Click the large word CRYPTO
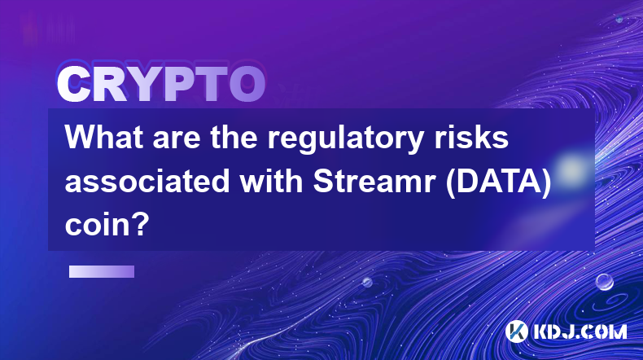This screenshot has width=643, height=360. (x=161, y=84)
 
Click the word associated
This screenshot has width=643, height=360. (x=147, y=181)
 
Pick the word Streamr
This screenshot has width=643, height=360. (x=374, y=181)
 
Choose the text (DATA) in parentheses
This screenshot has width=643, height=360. (x=499, y=182)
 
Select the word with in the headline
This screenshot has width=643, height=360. (x=271, y=181)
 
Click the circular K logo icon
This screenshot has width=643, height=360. (x=516, y=331)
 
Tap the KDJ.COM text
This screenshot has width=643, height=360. (x=580, y=331)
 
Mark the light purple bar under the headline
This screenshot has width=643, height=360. (x=102, y=271)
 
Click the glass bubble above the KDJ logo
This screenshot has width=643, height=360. (x=605, y=282)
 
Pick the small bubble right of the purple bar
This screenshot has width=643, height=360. (x=366, y=282)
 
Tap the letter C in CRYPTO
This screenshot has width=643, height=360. (x=74, y=84)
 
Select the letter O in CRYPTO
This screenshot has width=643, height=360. (x=247, y=84)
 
